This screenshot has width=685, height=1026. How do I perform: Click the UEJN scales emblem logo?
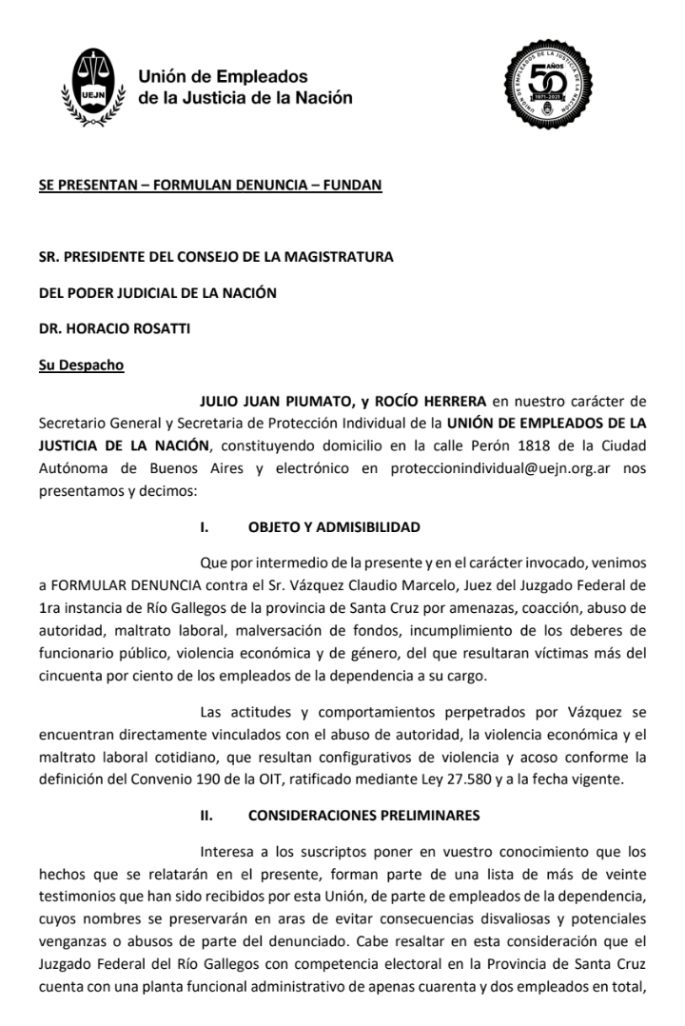click(92, 86)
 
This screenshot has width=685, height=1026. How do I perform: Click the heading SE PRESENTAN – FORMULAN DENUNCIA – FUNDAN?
click(209, 185)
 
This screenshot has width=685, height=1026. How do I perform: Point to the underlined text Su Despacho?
click(81, 365)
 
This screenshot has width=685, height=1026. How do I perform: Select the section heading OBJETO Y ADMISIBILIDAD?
click(334, 526)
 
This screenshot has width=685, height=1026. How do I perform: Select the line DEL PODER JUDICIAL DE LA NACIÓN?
click(157, 292)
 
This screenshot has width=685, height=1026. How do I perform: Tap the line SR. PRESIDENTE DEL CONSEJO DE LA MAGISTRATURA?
click(216, 256)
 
